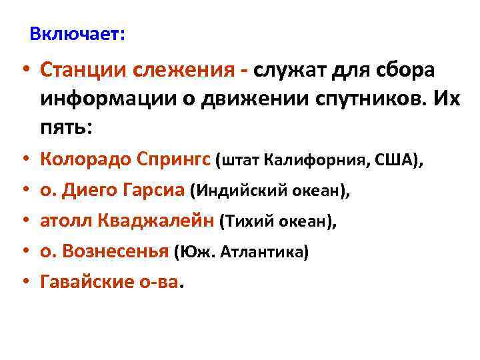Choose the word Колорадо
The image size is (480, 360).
pos(86,160)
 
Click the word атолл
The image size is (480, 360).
pos(65,222)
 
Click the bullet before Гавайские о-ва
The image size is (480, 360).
pos(25,283)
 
